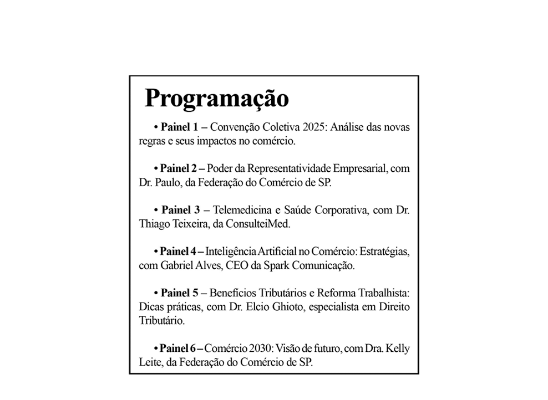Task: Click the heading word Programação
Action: click(216, 99)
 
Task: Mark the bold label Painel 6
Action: click(177, 349)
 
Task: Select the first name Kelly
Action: click(398, 349)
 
